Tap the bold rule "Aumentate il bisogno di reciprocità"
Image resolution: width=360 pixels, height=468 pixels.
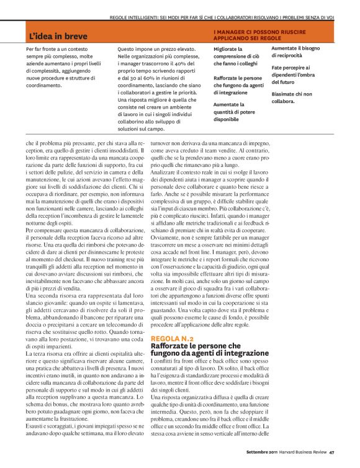(295, 52)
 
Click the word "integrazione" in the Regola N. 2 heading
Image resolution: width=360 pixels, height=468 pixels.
(232, 353)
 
